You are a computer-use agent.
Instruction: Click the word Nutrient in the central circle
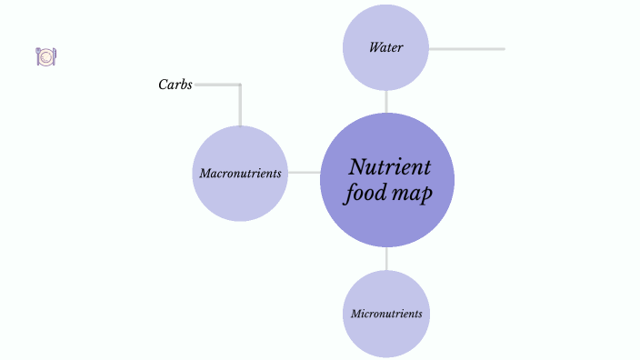pyautogui.click(x=389, y=167)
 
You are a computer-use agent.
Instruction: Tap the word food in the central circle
pyautogui.click(x=363, y=194)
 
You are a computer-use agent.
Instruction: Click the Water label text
pyautogui.click(x=385, y=47)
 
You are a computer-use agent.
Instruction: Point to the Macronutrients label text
pyautogui.click(x=240, y=173)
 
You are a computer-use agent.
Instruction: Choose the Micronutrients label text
pyautogui.click(x=386, y=314)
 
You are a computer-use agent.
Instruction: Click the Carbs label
pyautogui.click(x=175, y=85)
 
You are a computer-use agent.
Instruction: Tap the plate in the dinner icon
pyautogui.click(x=45, y=56)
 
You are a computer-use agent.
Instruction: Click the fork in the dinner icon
pyautogui.click(x=37, y=56)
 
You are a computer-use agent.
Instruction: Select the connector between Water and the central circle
pyautogui.click(x=386, y=101)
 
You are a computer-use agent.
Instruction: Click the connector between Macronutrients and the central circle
pyautogui.click(x=304, y=172)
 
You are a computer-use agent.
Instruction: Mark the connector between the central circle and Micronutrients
pyautogui.click(x=386, y=258)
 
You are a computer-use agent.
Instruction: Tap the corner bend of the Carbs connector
pyautogui.click(x=240, y=85)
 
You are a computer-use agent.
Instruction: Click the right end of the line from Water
pyautogui.click(x=503, y=48)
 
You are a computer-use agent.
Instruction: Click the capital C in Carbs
pyautogui.click(x=162, y=85)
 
